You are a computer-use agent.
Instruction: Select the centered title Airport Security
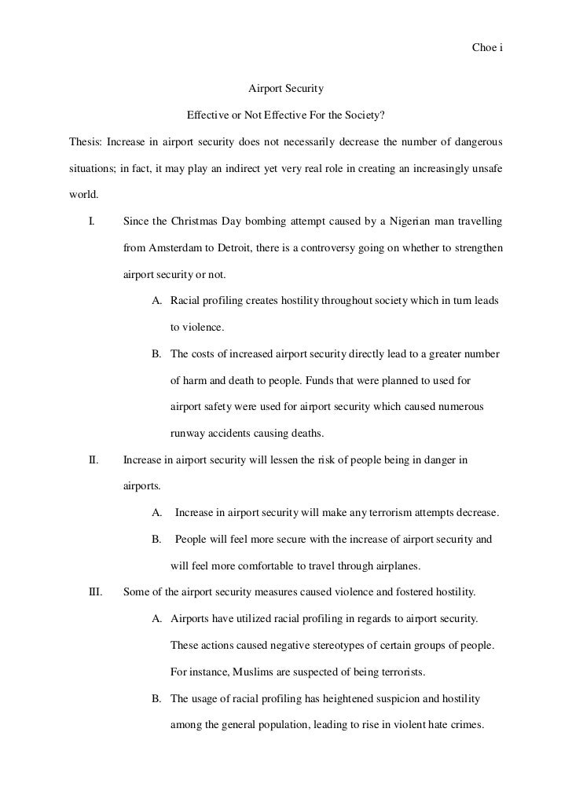click(286, 90)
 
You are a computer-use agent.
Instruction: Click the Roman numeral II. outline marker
click(93, 459)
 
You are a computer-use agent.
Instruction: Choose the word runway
click(187, 434)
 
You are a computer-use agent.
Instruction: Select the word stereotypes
click(361, 645)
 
